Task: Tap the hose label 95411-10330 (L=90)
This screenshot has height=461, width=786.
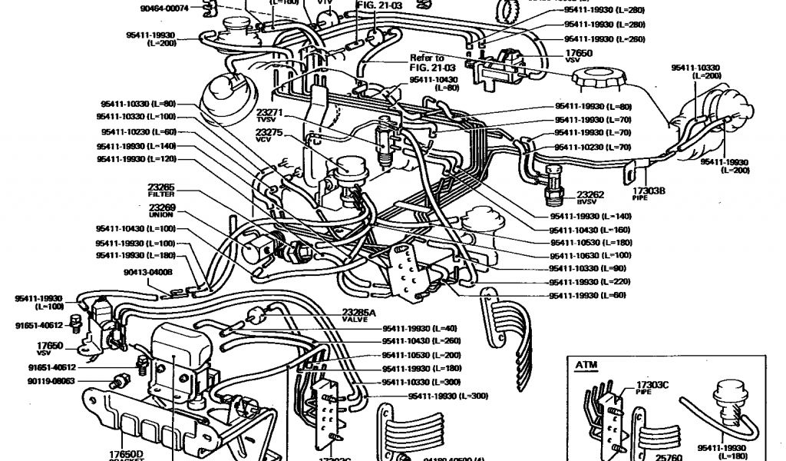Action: point(588,268)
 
